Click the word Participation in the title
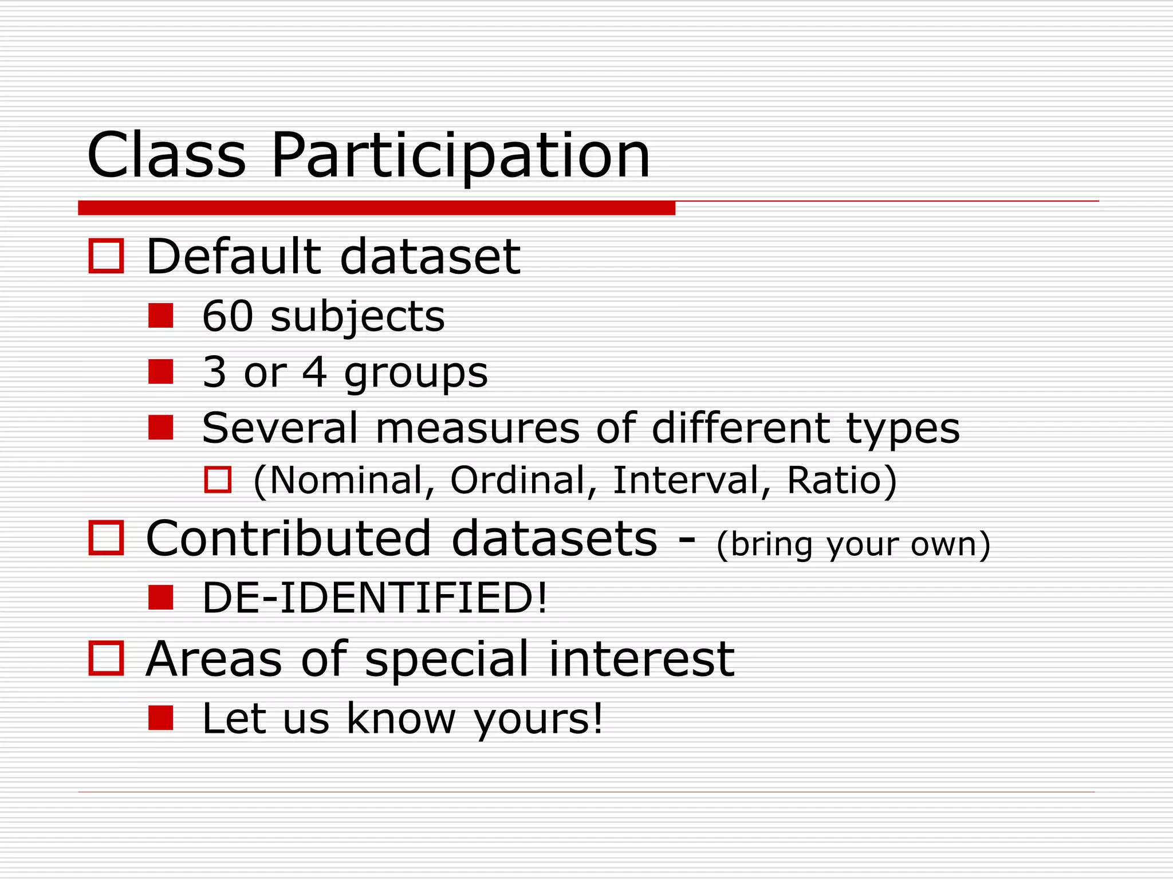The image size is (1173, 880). click(x=460, y=156)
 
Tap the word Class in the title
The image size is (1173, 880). click(x=166, y=156)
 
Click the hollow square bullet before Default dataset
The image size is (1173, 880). click(x=106, y=256)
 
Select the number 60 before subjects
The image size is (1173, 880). click(x=227, y=316)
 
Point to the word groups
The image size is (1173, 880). click(x=416, y=374)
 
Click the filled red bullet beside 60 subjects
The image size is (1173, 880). click(x=160, y=316)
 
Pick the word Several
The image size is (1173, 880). click(x=280, y=428)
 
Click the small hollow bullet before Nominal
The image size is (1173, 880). click(x=218, y=480)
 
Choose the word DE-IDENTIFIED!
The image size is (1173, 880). click(x=375, y=598)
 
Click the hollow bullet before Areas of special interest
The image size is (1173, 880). click(x=106, y=658)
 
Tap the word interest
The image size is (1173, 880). click(x=641, y=659)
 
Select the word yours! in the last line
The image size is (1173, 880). click(x=538, y=719)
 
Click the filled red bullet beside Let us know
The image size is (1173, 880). click(x=160, y=718)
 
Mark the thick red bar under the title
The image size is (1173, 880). click(x=376, y=208)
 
